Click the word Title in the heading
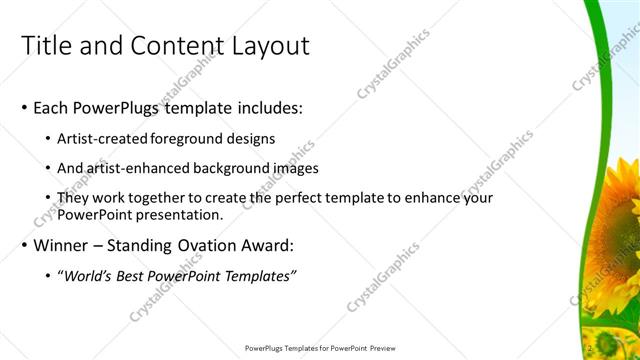pos(44,46)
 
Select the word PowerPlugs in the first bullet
pos(110,107)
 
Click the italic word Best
pos(136,276)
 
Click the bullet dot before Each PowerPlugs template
pos(25,108)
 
